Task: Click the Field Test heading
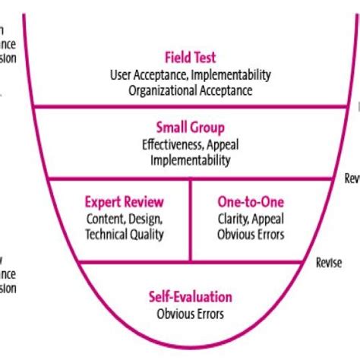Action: [x=191, y=57]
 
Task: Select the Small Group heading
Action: [x=191, y=128]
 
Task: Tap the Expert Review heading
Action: [x=125, y=202]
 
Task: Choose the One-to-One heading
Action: [x=251, y=202]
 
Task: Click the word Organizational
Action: [x=154, y=90]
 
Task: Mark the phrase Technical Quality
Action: [x=125, y=235]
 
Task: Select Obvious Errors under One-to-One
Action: [x=251, y=235]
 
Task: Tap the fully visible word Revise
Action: [x=328, y=263]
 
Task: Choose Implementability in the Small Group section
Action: [x=191, y=160]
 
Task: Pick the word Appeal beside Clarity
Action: [x=268, y=219]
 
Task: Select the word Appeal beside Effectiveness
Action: [x=224, y=144]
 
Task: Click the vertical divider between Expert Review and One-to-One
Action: [x=190, y=220]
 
